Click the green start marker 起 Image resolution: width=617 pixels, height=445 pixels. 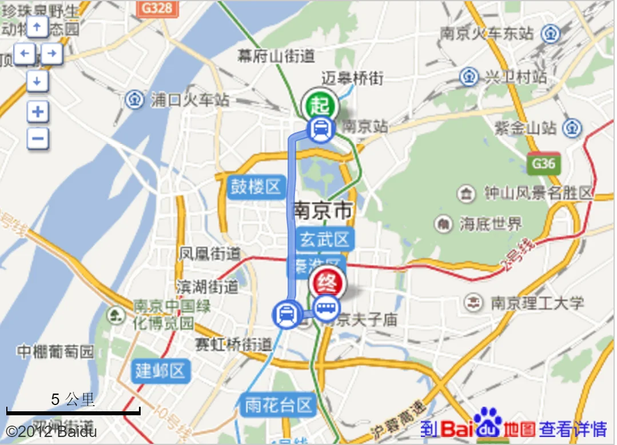[x=320, y=105]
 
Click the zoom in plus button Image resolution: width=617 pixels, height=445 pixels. [x=38, y=111]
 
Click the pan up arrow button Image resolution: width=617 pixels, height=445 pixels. [x=38, y=26]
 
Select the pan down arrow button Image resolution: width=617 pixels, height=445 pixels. [x=38, y=82]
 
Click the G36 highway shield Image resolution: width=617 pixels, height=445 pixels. [x=543, y=164]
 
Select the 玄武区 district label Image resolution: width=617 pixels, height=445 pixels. [x=325, y=239]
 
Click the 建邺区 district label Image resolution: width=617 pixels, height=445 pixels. [x=161, y=371]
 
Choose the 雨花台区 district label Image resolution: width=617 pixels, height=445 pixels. [x=280, y=405]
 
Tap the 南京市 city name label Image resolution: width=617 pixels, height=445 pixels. [x=323, y=210]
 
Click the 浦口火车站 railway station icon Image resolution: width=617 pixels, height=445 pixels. [x=135, y=100]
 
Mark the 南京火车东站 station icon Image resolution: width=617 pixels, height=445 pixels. [x=550, y=33]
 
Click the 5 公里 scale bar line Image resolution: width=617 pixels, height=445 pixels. [x=73, y=411]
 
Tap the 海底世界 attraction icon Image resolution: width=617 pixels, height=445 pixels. [x=443, y=224]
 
